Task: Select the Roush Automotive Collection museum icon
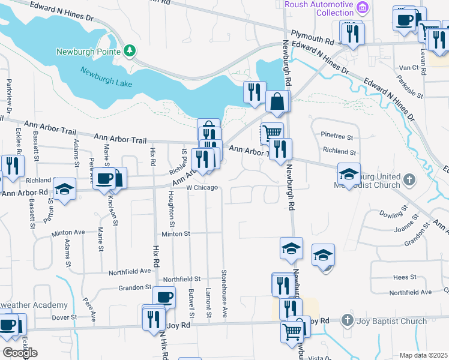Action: [x=362, y=7]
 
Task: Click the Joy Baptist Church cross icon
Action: [x=346, y=321]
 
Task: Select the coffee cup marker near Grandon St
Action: [x=164, y=296]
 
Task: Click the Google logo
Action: [x=20, y=353]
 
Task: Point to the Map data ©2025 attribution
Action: [x=423, y=355]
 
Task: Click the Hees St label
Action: [x=405, y=277]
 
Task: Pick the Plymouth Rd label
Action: [x=312, y=37]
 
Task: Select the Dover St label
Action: [x=64, y=317]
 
